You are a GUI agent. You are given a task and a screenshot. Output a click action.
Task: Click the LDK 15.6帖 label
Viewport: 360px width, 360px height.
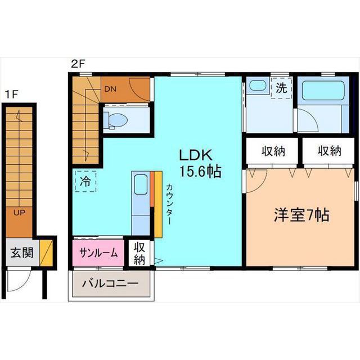(x=200, y=163)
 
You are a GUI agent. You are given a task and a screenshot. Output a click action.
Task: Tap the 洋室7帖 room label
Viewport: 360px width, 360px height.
(x=301, y=215)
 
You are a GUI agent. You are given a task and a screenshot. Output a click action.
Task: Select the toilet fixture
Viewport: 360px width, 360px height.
(x=115, y=120)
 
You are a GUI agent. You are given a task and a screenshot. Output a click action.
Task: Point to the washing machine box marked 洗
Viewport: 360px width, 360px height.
(x=281, y=88)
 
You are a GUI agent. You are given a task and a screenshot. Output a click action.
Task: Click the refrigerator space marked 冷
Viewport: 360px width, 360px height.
(x=85, y=181)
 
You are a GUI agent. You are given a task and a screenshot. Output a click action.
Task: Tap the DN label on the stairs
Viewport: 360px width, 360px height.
(x=110, y=89)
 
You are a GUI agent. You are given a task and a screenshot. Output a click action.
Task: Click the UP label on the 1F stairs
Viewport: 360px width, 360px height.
(x=19, y=213)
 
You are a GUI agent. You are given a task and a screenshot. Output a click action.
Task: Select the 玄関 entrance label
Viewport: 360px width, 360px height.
(x=22, y=253)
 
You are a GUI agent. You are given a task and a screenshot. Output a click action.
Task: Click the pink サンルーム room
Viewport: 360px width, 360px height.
(x=98, y=253)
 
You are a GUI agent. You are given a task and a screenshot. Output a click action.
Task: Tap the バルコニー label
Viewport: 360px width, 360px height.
(x=110, y=283)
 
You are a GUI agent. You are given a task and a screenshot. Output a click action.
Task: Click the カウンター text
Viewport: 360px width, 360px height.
(x=169, y=204)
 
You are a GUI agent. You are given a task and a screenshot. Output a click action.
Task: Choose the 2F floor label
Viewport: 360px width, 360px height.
(x=78, y=64)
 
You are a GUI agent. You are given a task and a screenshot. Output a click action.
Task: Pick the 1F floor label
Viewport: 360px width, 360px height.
(x=11, y=94)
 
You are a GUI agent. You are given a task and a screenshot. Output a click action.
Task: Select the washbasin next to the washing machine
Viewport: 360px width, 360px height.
(x=258, y=85)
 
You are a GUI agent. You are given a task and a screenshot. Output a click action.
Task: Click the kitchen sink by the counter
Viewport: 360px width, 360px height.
(x=141, y=184)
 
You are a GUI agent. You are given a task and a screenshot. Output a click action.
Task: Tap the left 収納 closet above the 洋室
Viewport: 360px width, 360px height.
(x=273, y=151)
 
